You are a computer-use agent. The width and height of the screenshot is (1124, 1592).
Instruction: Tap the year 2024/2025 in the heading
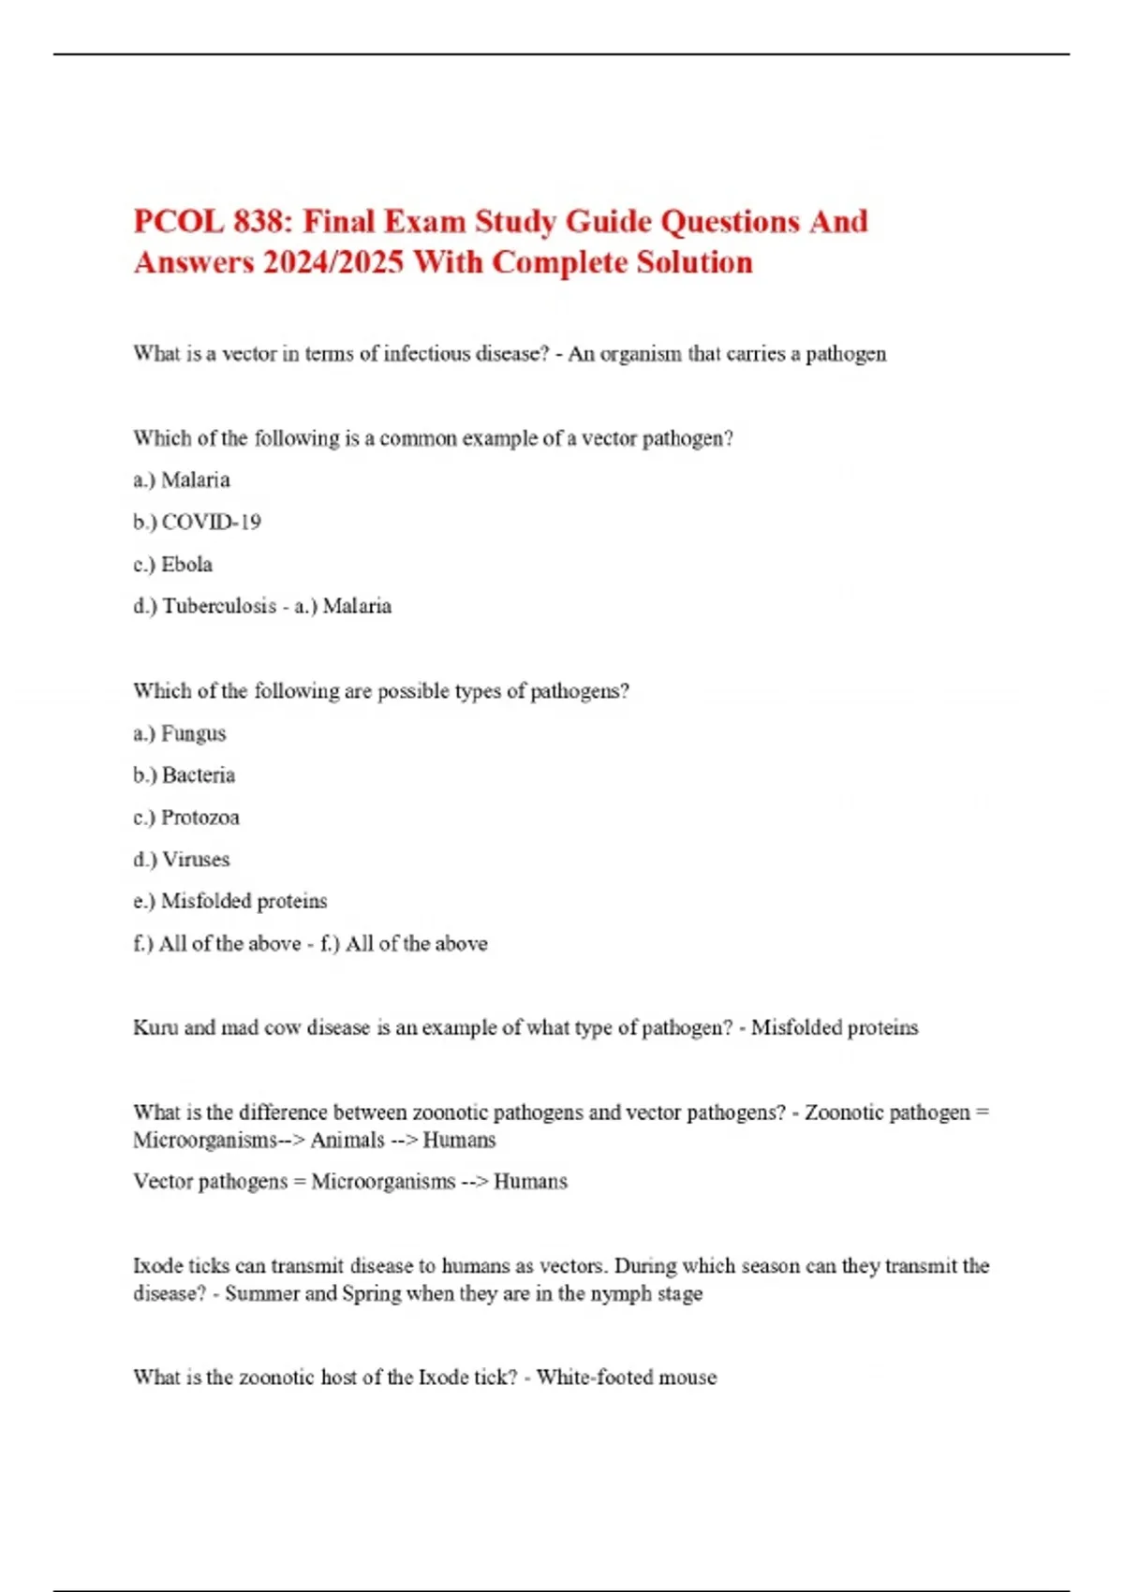(x=333, y=262)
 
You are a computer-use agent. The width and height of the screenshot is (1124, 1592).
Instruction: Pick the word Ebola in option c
(x=186, y=564)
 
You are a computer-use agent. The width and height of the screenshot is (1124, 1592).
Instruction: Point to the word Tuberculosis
(x=219, y=606)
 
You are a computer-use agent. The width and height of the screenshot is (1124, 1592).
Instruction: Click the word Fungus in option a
(x=193, y=733)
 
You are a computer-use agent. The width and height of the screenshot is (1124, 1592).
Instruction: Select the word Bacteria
(x=198, y=775)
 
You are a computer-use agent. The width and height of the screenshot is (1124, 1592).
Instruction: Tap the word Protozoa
(x=200, y=818)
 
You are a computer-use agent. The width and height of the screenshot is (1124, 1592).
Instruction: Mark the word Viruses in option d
(x=195, y=859)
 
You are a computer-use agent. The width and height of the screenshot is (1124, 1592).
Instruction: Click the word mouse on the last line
(x=688, y=1378)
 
